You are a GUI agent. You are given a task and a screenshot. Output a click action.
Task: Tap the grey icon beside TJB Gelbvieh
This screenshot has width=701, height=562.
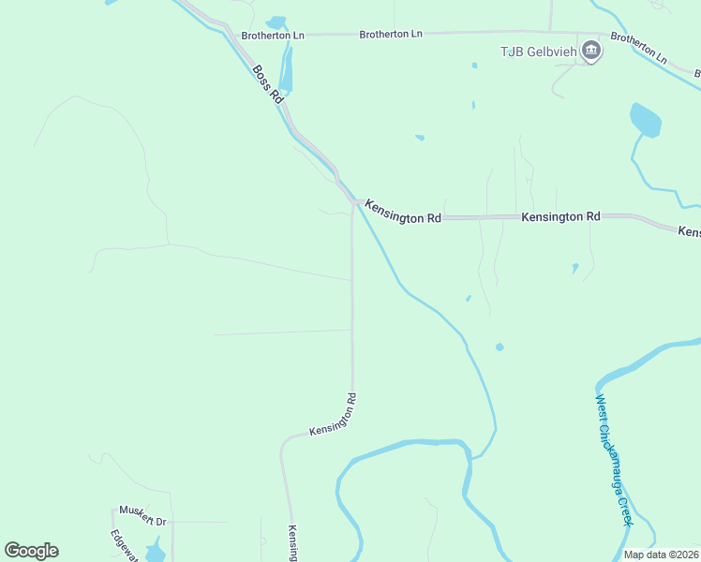590,51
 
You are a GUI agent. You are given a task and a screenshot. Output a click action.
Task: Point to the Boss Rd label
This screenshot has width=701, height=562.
266,83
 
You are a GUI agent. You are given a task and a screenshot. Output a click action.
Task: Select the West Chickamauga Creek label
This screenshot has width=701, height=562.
615,459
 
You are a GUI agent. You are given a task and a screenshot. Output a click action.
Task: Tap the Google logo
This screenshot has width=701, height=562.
31,551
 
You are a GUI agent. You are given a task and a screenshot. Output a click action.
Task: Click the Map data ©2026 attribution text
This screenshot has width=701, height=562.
662,555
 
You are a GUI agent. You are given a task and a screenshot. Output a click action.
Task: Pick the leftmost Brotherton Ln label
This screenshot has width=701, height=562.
273,36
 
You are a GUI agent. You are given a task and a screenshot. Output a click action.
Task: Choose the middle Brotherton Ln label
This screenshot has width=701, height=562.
391,34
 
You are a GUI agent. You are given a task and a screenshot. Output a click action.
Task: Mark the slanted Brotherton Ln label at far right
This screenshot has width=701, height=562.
639,49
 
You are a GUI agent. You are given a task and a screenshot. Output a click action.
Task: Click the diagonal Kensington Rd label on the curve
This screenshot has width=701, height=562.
333,415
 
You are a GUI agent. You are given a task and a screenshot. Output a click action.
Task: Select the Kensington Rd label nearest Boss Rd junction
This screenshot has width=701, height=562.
403,211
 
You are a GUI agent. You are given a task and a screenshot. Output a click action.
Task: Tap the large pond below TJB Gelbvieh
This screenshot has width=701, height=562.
646,121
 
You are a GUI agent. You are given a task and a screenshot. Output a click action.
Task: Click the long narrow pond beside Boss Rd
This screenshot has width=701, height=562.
286,71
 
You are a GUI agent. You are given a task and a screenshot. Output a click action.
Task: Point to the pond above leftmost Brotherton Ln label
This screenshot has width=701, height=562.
276,22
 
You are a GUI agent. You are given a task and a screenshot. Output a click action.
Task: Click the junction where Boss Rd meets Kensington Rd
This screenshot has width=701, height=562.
354,201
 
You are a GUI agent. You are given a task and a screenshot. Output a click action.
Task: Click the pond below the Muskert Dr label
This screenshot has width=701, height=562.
156,549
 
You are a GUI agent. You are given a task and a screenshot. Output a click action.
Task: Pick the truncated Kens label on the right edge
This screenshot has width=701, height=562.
689,230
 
